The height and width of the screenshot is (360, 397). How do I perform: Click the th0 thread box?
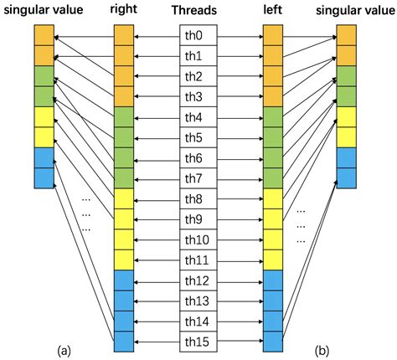(x=198, y=36)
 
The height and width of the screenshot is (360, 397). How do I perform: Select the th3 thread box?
(x=198, y=96)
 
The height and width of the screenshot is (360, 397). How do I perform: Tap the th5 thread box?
(x=198, y=137)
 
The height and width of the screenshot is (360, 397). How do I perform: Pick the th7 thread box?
(x=198, y=177)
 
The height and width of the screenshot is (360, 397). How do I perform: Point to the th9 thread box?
(x=198, y=219)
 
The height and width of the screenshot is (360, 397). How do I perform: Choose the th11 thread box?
(x=198, y=260)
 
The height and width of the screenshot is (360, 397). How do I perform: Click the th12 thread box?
(x=198, y=280)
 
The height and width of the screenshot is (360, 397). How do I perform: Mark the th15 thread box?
(x=198, y=341)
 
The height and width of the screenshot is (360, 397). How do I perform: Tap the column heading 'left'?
(x=273, y=10)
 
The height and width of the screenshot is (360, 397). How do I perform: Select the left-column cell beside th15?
(x=274, y=341)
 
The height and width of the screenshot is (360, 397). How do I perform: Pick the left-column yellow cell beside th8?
(x=274, y=198)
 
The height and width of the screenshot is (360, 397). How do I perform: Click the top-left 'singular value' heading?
(x=44, y=10)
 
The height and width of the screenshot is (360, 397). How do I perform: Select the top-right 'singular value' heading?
(x=353, y=10)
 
